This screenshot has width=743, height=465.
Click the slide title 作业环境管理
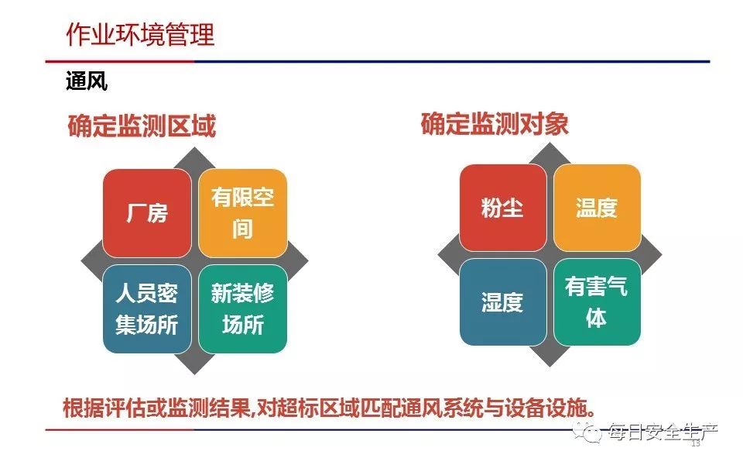tap(140, 35)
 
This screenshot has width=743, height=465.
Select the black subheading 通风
tap(87, 81)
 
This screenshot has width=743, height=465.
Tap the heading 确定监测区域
tap(142, 126)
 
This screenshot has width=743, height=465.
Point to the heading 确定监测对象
tap(495, 124)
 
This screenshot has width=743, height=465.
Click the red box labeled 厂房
tap(147, 213)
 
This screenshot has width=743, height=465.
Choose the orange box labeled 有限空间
tap(242, 213)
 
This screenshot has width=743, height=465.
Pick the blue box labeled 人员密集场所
tap(147, 309)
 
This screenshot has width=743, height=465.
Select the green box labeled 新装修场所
tap(242, 309)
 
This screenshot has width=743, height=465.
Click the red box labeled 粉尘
tap(503, 208)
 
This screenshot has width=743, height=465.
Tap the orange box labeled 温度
tap(597, 208)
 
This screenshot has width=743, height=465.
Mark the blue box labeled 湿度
tap(503, 301)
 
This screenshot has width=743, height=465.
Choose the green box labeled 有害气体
tap(597, 301)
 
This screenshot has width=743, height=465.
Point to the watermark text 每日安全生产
tap(663, 432)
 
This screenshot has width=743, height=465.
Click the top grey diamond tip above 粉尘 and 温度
tap(550, 144)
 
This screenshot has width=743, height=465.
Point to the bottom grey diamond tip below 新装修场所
tap(195, 374)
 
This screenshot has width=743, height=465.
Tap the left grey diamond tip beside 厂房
tap(81, 261)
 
